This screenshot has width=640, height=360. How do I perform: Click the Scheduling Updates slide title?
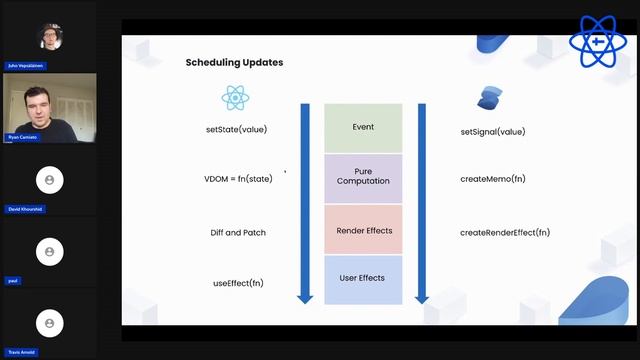pos(234,62)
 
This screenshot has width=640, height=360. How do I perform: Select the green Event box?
pos(363,127)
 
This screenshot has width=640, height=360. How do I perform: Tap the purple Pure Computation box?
pos(363,178)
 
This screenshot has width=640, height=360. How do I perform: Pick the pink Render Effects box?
pos(363,230)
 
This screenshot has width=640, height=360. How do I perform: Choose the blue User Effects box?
pos(363,279)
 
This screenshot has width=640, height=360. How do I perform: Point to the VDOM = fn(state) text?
pos(237,179)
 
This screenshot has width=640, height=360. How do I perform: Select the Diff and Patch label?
pos(238,232)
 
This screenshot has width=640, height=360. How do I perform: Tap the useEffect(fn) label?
pos(238,283)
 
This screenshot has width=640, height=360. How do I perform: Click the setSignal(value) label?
pos(492,131)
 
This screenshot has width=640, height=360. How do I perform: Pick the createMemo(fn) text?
pos(492,179)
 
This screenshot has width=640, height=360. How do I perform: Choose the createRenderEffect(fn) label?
pos(504,232)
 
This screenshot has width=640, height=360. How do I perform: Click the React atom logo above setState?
pos(235,97)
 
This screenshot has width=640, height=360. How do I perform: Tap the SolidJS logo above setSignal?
pos(489,97)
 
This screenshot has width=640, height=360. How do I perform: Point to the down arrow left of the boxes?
pos(305,201)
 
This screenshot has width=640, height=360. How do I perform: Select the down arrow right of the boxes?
pos(422,201)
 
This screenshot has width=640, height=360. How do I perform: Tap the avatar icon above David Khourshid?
pos(48,179)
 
